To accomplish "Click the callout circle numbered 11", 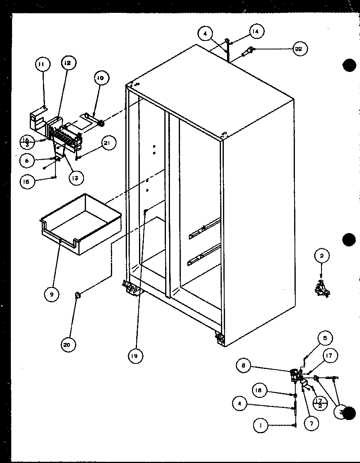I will (x=43, y=64).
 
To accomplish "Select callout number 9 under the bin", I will (x=52, y=295).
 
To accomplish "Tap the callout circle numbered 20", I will (x=68, y=344).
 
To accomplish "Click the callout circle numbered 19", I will (x=135, y=355).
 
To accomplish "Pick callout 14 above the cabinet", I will (x=256, y=31).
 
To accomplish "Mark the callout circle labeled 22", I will (x=300, y=49).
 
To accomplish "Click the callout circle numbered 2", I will (x=322, y=255).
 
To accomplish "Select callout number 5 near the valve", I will (x=325, y=338).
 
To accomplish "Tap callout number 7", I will (x=311, y=422).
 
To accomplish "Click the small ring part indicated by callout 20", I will (x=76, y=296).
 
